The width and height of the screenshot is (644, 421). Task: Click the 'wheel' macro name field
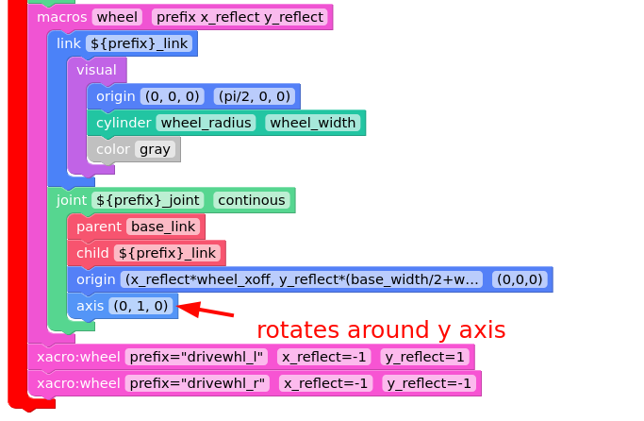click(117, 17)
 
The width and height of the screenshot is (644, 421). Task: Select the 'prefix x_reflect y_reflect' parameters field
click(239, 17)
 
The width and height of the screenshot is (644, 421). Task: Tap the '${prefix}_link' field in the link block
click(139, 43)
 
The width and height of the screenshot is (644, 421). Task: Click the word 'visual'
click(96, 70)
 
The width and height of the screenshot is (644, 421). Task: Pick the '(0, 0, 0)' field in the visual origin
click(173, 96)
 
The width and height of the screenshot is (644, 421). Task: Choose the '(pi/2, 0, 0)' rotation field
click(255, 96)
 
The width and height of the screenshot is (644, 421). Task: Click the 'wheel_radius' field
click(206, 123)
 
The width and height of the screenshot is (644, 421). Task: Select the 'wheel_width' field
click(312, 123)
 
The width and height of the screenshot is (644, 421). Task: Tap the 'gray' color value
click(155, 149)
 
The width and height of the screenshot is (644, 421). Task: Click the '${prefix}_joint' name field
click(148, 200)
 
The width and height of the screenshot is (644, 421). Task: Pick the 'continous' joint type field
click(252, 200)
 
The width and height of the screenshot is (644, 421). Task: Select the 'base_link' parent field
click(163, 227)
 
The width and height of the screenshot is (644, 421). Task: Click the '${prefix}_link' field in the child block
click(167, 253)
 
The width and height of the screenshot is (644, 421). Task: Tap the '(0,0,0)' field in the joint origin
click(520, 279)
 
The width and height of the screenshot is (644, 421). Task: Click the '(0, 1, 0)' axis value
click(140, 306)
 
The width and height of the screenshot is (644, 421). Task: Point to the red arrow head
click(177, 306)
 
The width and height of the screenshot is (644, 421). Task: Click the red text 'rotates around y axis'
click(381, 329)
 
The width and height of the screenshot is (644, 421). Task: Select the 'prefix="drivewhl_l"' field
click(196, 357)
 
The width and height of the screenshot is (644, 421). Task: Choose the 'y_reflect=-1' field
click(429, 383)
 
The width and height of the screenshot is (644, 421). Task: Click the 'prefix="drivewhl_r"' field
click(197, 383)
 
